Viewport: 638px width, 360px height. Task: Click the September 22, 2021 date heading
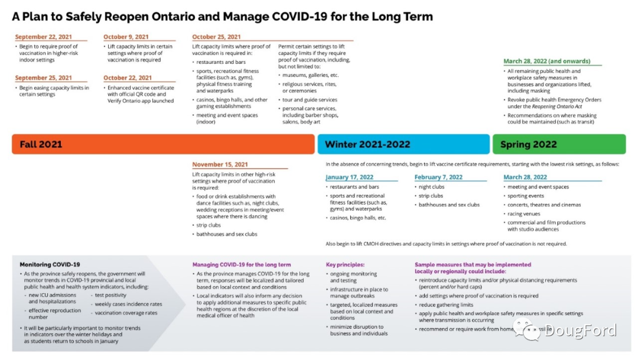43,37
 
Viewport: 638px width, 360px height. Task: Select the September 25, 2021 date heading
43,78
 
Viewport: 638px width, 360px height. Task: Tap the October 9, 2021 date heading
126,37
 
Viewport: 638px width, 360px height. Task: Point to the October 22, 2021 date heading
128,78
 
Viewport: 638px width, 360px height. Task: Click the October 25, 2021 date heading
216,37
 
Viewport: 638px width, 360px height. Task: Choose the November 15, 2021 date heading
220,165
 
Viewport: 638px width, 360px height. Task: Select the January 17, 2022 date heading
349,177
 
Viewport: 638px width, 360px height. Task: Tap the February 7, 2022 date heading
438,177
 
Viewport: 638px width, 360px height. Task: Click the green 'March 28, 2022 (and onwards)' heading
546,61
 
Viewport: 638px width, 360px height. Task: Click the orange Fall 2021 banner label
41,144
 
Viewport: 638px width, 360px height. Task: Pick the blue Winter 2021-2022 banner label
367,144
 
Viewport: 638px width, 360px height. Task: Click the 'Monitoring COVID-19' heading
50,265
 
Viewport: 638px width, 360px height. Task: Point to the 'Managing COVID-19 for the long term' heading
242,265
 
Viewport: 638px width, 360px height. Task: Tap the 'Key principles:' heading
346,265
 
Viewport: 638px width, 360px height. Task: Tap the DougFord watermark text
580,330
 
